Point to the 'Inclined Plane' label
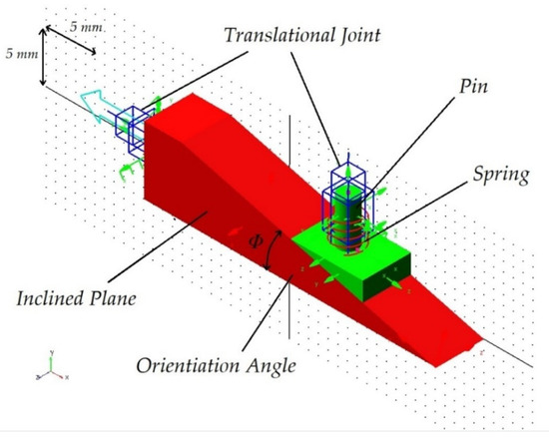click(x=77, y=298)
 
